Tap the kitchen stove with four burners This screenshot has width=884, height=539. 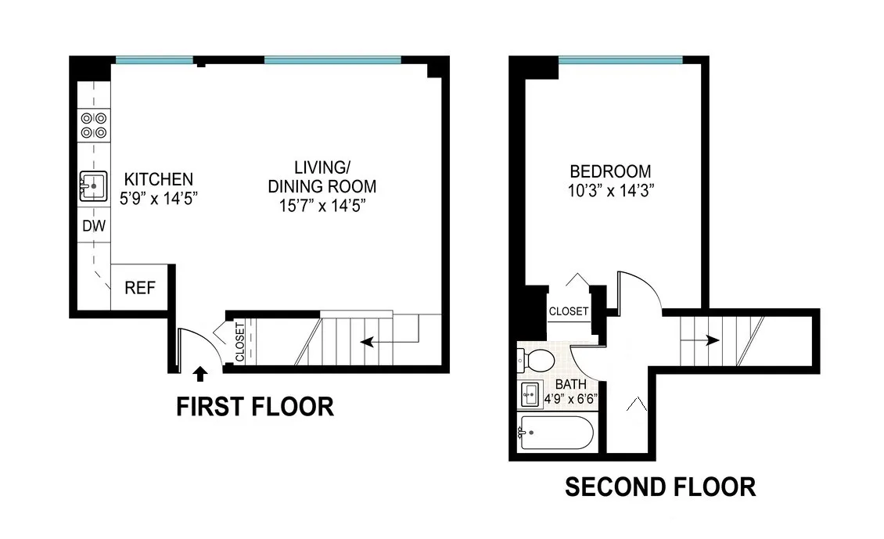tap(94, 126)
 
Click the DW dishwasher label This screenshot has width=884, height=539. tap(94, 227)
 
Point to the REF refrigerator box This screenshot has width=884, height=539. tap(140, 288)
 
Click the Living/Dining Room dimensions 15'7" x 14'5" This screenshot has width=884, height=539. tap(322, 206)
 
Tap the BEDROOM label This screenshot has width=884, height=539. tap(609, 171)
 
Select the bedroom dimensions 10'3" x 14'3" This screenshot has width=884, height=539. tap(609, 190)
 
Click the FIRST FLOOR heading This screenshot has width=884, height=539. tap(254, 407)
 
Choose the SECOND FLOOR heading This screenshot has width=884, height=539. tap(660, 487)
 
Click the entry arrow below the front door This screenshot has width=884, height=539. tap(200, 374)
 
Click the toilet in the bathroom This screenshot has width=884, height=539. tap(537, 361)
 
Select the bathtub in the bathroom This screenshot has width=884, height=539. tap(556, 433)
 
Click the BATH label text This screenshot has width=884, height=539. tap(570, 384)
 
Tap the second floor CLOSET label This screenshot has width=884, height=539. tap(569, 311)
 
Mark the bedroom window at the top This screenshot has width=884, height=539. tap(620, 59)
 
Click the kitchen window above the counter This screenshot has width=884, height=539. tap(154, 59)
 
